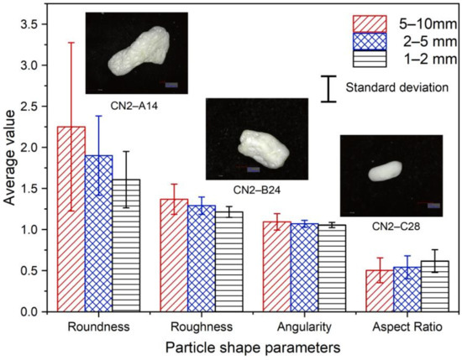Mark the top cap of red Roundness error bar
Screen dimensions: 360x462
point(71,43)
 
